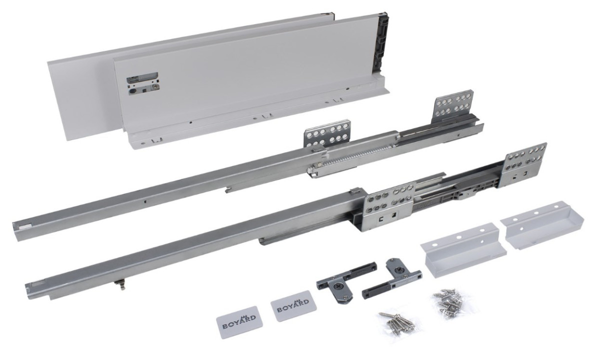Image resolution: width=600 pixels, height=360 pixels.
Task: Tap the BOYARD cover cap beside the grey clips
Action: (294, 305)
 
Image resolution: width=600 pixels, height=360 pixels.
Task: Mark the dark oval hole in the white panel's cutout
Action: (133, 92)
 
